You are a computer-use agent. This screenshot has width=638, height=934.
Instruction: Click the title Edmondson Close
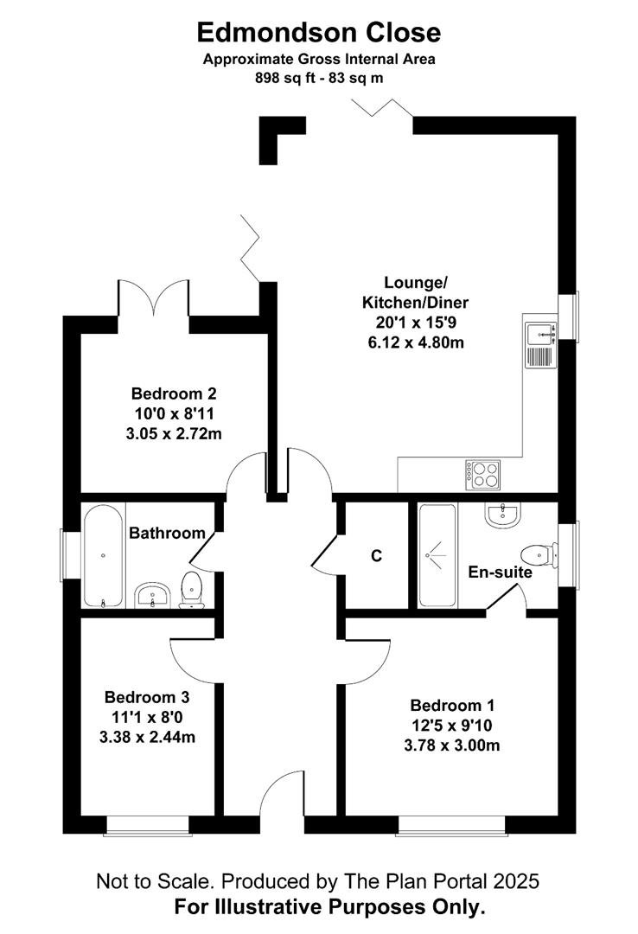[x=319, y=33]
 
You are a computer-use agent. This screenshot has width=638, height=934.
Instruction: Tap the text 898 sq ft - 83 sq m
[x=319, y=76]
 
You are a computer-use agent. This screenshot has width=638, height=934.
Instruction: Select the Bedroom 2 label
[x=173, y=392]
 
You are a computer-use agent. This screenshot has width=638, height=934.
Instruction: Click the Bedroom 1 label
[x=453, y=705]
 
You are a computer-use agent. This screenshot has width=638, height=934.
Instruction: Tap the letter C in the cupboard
[x=376, y=556]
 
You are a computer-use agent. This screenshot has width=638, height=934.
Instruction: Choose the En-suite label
[x=500, y=572]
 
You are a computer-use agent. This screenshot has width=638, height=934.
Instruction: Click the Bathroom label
[x=167, y=534]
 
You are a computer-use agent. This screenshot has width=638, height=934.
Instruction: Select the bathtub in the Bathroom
[x=104, y=555]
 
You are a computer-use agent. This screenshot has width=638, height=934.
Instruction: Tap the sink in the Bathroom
[x=156, y=595]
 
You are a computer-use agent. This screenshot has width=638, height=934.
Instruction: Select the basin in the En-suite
[x=502, y=515]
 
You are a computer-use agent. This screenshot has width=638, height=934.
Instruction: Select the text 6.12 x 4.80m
[x=416, y=342]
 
